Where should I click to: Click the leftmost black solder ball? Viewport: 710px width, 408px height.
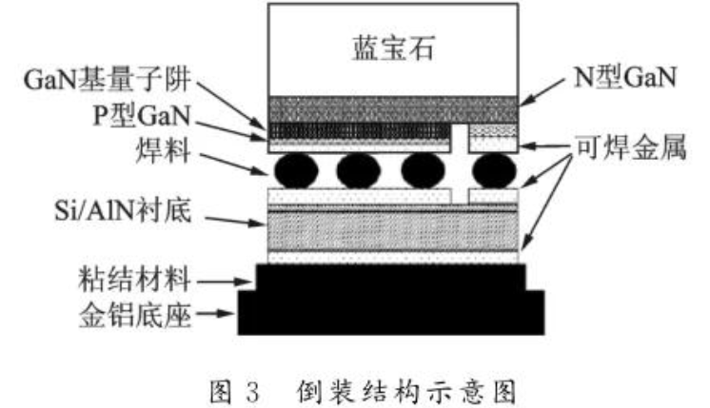pos(294,171)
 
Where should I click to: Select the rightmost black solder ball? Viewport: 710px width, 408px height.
pos(492,171)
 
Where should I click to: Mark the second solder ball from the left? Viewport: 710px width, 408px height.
pos(358,171)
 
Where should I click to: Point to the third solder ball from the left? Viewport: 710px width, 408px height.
pos(424,171)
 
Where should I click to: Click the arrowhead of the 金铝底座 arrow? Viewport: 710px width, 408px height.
pos(232,313)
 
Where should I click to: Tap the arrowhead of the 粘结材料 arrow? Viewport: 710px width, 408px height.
pos(251,280)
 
